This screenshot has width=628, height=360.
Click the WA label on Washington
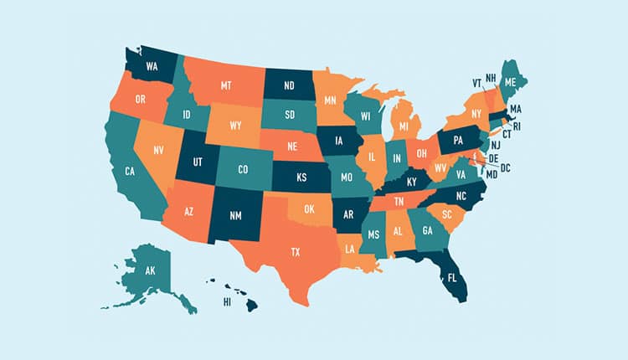tap(152, 64)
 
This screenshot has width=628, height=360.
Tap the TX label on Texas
tap(295, 251)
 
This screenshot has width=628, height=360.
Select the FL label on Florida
tap(452, 277)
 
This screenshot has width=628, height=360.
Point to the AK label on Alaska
tap(151, 271)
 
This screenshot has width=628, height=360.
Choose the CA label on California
tap(130, 171)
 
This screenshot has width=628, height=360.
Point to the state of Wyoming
tap(235, 126)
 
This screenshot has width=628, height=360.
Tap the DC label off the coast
tap(505, 168)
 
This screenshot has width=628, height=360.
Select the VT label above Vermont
tap(476, 83)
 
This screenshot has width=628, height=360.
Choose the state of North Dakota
tap(289, 85)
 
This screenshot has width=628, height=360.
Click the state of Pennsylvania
tap(458, 141)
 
